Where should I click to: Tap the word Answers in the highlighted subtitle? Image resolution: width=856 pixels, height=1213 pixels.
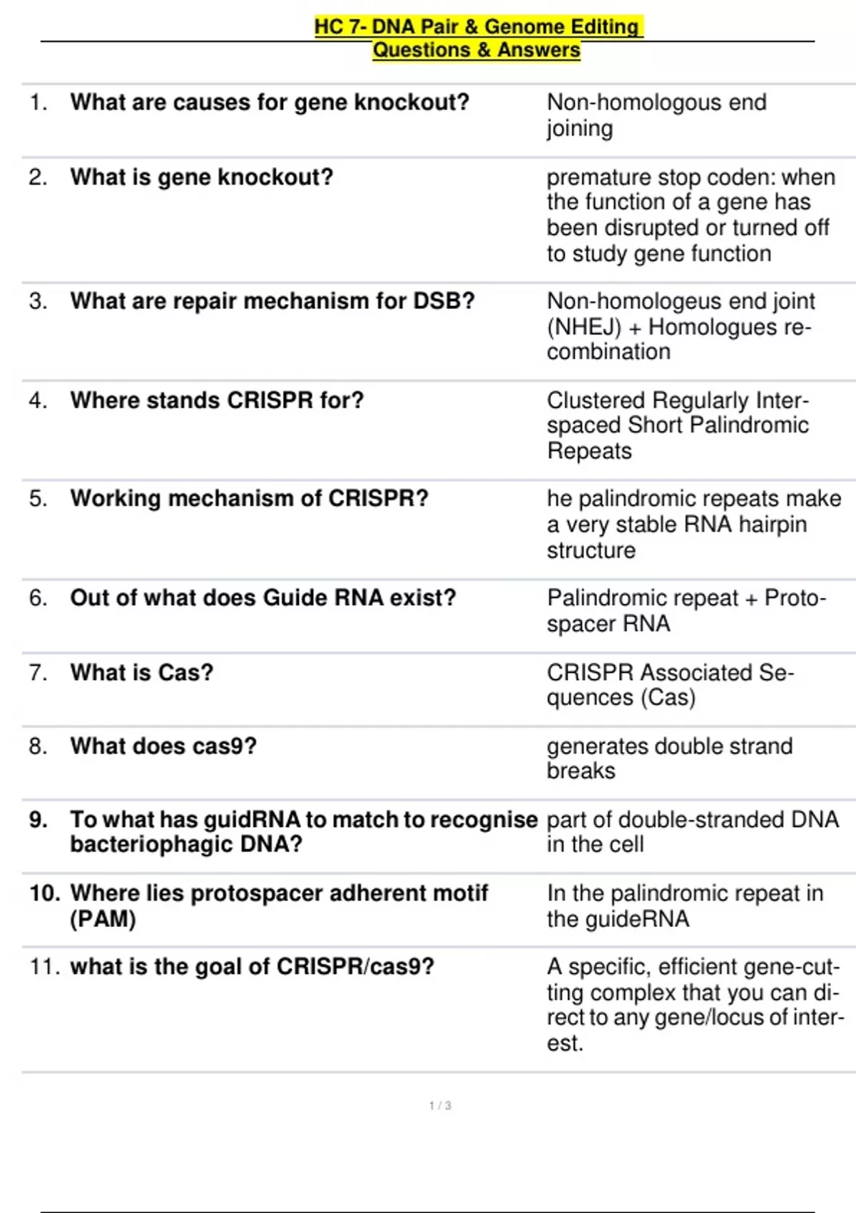point(539,50)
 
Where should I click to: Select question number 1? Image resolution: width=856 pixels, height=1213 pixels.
point(39,103)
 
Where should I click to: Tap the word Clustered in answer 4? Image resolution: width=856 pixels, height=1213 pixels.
point(596,400)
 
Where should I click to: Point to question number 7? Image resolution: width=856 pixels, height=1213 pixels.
point(39,672)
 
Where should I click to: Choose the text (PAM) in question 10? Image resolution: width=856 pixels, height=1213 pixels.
point(103,919)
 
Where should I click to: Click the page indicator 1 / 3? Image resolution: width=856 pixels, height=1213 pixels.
point(440,1105)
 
